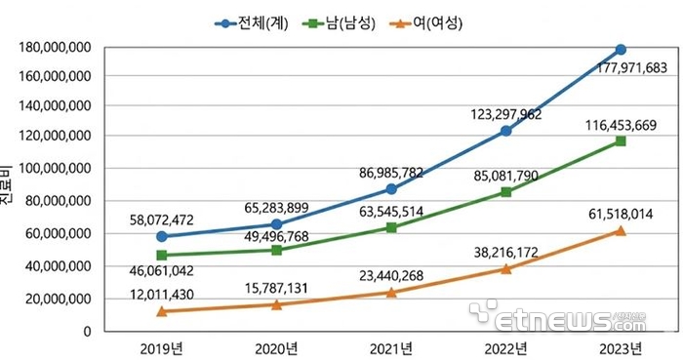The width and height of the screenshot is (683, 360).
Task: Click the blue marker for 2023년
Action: click(621, 50)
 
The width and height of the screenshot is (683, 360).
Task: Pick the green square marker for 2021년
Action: click(391, 227)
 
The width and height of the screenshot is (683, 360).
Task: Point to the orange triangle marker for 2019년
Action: click(161, 311)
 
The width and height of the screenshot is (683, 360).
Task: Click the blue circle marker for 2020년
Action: click(276, 224)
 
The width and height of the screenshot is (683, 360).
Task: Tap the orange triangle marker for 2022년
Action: click(506, 268)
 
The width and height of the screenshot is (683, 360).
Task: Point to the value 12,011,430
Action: click(169, 295)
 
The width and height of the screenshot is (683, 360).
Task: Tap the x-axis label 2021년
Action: click(391, 346)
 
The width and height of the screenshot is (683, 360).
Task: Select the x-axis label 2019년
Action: click(161, 346)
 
